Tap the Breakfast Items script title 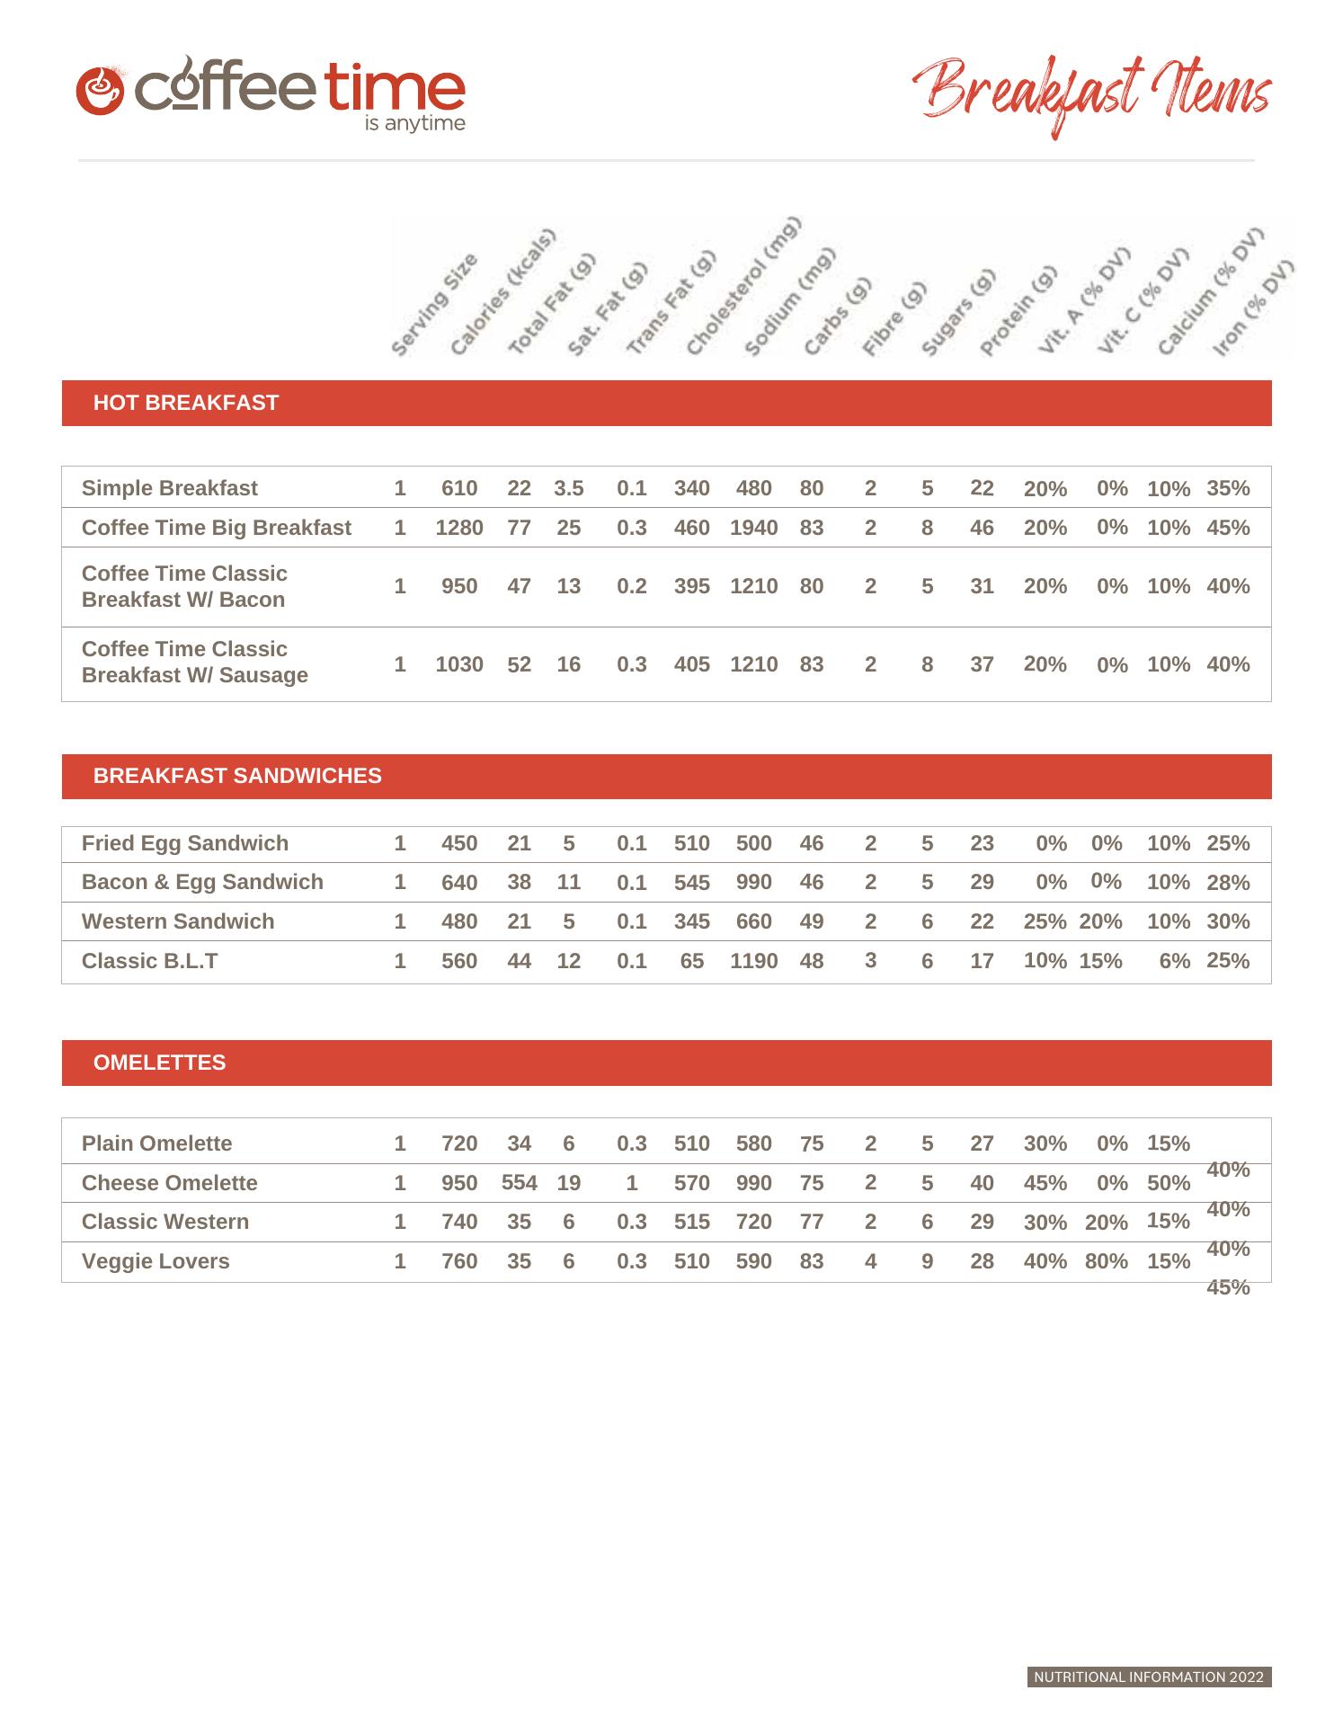coord(1091,95)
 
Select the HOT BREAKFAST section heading coord(186,403)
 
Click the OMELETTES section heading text coord(159,1063)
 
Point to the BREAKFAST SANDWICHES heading coord(237,776)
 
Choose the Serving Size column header coord(434,305)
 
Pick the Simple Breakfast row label coord(169,488)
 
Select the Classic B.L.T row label coord(149,961)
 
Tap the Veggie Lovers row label coord(156,1261)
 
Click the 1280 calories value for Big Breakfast coord(459,528)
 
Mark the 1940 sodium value coord(753,528)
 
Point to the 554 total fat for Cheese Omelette coord(519,1182)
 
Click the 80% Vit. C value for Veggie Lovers coord(1106,1261)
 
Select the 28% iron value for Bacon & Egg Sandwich coord(1228,883)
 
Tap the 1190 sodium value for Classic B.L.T coord(753,961)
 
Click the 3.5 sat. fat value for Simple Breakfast coord(568,488)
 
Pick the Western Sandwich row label coord(178,921)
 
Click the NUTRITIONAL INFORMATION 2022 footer coord(1149,1677)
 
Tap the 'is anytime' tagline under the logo coord(414,123)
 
